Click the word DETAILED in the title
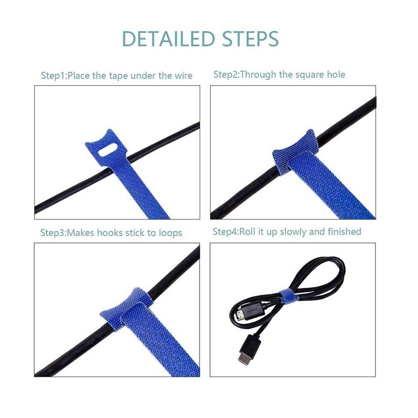pyautogui.click(x=168, y=39)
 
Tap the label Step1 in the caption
pyautogui.click(x=53, y=76)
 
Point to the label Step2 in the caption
pyautogui.click(x=225, y=75)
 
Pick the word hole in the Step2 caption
pyautogui.click(x=336, y=75)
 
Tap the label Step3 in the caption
pyautogui.click(x=52, y=233)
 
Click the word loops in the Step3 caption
pyautogui.click(x=170, y=233)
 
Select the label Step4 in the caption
pyautogui.click(x=225, y=231)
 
